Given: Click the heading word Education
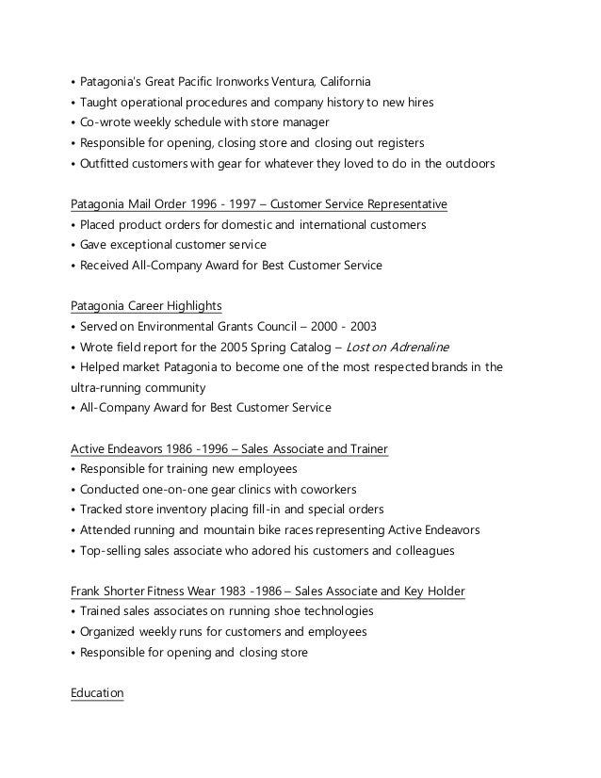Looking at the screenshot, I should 97,693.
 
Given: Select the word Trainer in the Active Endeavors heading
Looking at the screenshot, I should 365,448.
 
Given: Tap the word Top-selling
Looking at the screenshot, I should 114,550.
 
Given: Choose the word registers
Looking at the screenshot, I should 399,143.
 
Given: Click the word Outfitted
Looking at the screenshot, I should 106,164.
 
